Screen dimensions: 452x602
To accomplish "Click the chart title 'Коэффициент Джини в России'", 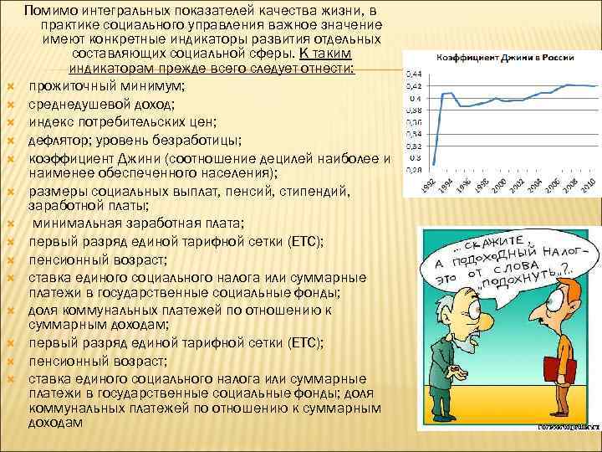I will (x=500, y=58).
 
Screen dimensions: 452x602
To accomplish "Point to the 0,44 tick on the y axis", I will (x=412, y=75).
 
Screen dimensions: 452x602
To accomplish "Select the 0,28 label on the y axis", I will (x=412, y=170).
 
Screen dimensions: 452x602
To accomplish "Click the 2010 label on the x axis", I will (x=589, y=187).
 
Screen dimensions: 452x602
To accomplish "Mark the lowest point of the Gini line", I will (x=435, y=164).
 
